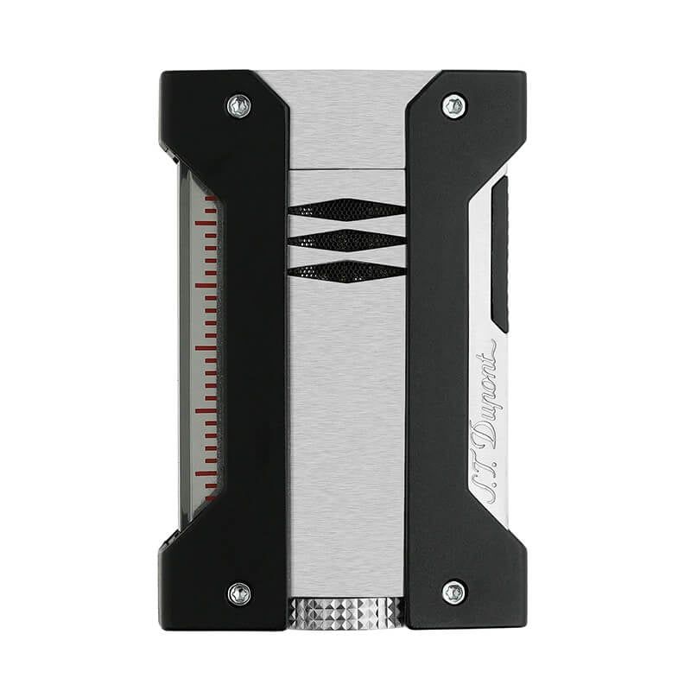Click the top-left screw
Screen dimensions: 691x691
click(239, 106)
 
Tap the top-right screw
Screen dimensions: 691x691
click(454, 105)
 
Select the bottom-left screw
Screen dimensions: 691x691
click(240, 593)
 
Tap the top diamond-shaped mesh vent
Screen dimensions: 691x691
click(347, 209)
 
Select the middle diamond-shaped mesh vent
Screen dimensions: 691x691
click(347, 240)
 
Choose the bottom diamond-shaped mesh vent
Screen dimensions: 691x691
click(347, 271)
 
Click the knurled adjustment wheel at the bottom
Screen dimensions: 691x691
click(345, 611)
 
